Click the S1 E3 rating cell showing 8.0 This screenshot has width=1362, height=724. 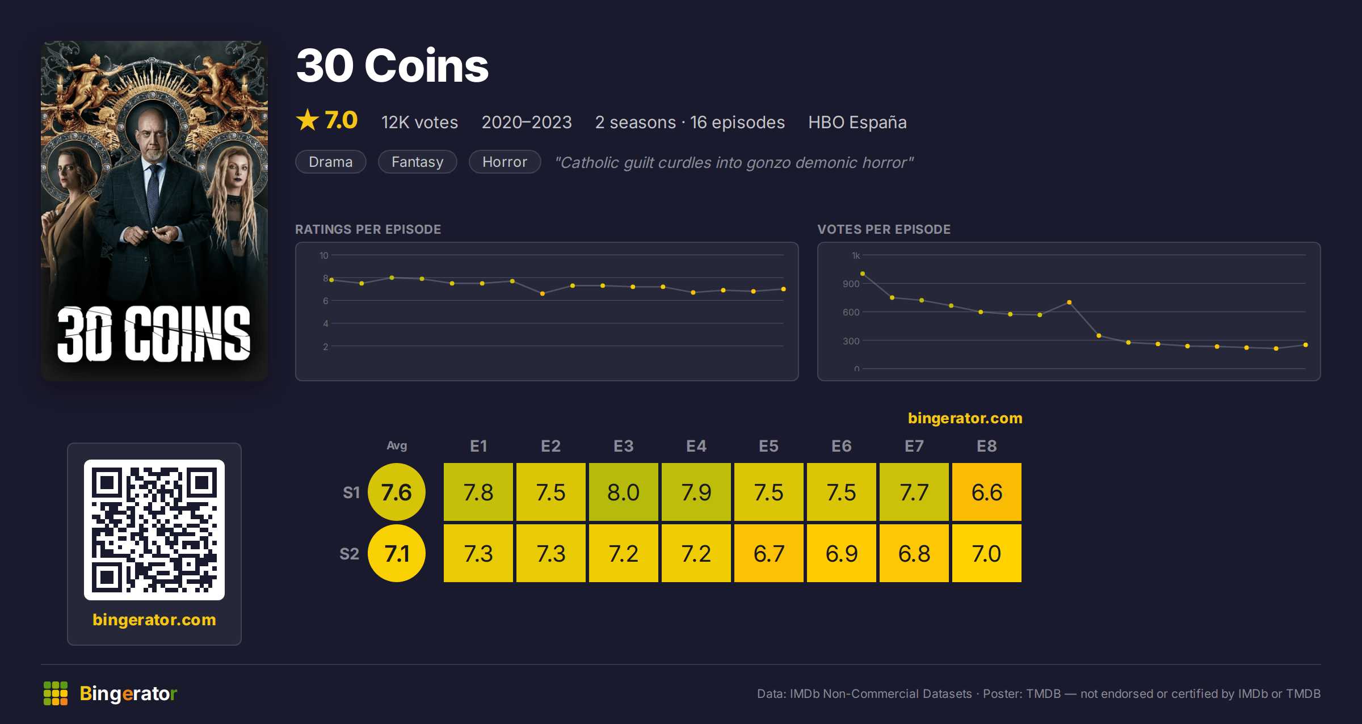coord(623,492)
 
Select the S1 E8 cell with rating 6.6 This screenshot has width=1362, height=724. coord(986,492)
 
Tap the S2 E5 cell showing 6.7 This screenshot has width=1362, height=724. coord(768,553)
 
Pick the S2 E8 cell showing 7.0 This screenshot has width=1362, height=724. coord(986,553)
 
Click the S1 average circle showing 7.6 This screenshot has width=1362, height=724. coord(397,492)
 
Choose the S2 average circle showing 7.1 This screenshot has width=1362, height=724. coord(397,553)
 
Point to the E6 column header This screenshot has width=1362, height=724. coord(841,446)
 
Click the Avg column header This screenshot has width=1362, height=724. coord(397,446)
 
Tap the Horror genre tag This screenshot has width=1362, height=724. coord(505,162)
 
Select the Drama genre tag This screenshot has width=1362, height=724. coord(331,162)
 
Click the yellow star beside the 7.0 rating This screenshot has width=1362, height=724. coord(308,120)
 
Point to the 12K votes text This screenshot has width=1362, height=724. coord(419,122)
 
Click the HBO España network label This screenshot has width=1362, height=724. coord(857,122)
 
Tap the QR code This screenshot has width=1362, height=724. coord(154,530)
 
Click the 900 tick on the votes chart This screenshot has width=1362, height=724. coord(851,284)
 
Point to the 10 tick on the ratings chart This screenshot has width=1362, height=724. coord(323,255)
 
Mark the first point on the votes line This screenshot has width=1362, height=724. coord(863,273)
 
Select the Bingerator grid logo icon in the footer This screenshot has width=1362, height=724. coord(56,693)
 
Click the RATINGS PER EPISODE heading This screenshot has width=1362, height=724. coord(368,229)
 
